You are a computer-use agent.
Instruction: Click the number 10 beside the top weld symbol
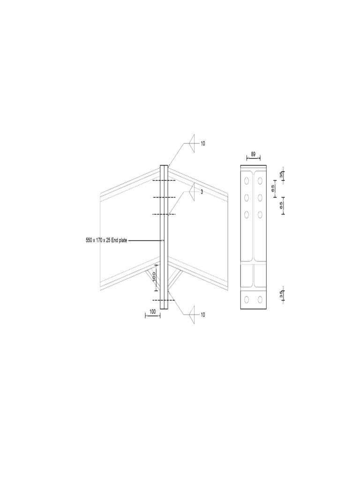[x=203, y=143]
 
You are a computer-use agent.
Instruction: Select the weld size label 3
[x=202, y=192]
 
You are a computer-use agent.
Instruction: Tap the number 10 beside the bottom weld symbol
[x=203, y=315]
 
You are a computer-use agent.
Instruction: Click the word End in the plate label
[x=115, y=240]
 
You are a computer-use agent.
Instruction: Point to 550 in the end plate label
[x=89, y=240]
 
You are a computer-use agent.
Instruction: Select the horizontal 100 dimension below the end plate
[x=152, y=311]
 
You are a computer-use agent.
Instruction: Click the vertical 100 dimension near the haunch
[x=153, y=277]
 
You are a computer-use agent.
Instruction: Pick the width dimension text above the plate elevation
[x=253, y=154]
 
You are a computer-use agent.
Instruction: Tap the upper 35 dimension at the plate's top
[x=281, y=175]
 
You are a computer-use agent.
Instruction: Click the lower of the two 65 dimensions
[x=281, y=205]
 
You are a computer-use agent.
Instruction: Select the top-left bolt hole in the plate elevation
[x=247, y=180]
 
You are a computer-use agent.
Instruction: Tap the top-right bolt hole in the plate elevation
[x=260, y=180]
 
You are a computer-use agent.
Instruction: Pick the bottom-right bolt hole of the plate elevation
[x=260, y=300]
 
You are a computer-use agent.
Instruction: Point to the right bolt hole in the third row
[x=260, y=215]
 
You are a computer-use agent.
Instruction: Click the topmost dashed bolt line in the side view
[x=164, y=180]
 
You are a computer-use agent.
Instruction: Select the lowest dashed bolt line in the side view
[x=164, y=300]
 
